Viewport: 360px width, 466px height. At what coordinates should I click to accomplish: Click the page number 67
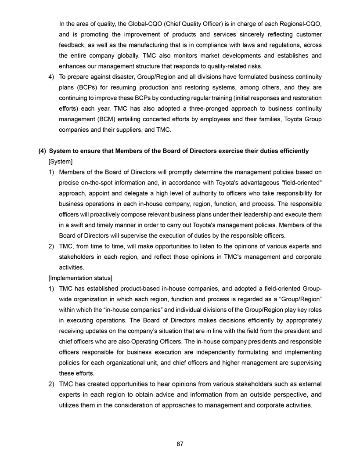[180, 444]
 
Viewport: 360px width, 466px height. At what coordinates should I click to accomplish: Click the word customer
[306, 34]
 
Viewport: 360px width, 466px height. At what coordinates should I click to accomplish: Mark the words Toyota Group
[304, 119]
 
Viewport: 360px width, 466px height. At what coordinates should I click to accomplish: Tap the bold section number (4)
[43, 151]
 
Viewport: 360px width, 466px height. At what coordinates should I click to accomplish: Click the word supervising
[304, 363]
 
